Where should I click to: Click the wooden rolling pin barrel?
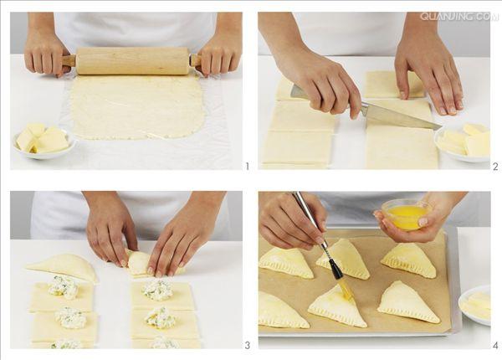pyautogui.click(x=132, y=61)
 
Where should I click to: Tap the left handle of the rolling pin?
pyautogui.click(x=69, y=60)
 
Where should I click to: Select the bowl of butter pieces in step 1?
pyautogui.click(x=44, y=141)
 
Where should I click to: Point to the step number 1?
pyautogui.click(x=247, y=167)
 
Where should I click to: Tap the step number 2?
pyautogui.click(x=495, y=167)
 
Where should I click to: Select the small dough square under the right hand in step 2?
pyautogui.click(x=394, y=85)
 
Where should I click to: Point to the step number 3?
pyautogui.click(x=247, y=345)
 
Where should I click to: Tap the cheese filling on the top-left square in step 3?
pyautogui.click(x=63, y=286)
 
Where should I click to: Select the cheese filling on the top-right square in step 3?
pyautogui.click(x=157, y=289)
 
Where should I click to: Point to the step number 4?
pyautogui.click(x=495, y=345)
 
